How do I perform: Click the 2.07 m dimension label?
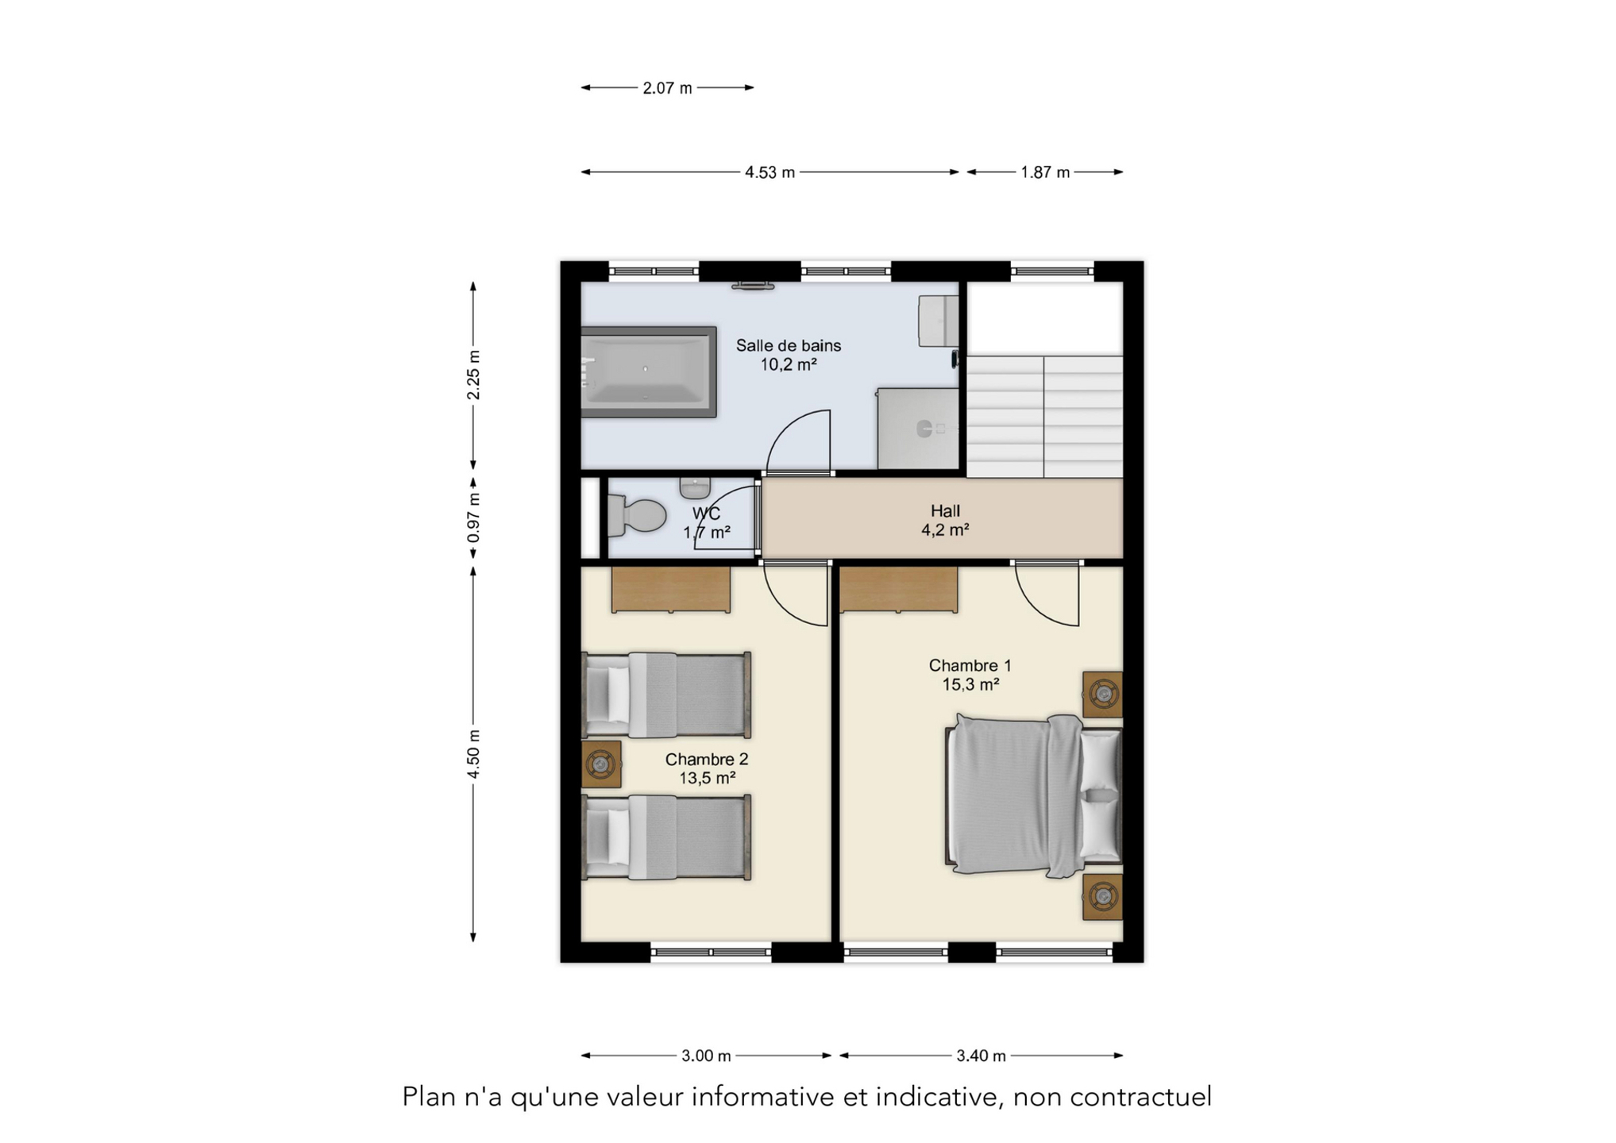coord(667,88)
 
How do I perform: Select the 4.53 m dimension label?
coord(769,172)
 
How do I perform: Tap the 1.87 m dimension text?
coord(1044,172)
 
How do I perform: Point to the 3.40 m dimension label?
coord(981,1056)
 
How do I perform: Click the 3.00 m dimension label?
coord(706,1056)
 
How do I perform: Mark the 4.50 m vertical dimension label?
coord(473,754)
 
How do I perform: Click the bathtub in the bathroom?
coord(649,371)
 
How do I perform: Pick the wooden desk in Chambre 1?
coord(898,590)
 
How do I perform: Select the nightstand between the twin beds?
coord(601,764)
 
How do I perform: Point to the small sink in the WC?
coord(695,487)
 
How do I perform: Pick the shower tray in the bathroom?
coord(918,429)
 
